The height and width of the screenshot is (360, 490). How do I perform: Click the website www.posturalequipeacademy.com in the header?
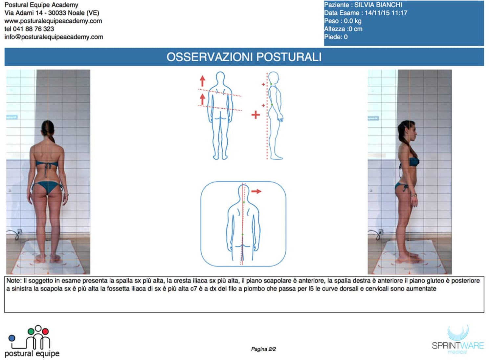pyautogui.click(x=53, y=21)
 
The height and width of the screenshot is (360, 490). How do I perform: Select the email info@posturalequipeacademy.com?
pyautogui.click(x=54, y=37)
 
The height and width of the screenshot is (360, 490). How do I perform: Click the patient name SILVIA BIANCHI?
pyautogui.click(x=378, y=5)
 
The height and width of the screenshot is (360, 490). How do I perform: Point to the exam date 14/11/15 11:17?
pyautogui.click(x=386, y=13)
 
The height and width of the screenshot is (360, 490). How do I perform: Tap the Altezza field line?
pyautogui.click(x=343, y=29)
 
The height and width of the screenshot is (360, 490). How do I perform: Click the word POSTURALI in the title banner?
pyautogui.click(x=289, y=57)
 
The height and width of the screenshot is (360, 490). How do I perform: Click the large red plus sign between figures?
pyautogui.click(x=256, y=115)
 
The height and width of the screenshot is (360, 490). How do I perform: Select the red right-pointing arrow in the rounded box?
pyautogui.click(x=256, y=191)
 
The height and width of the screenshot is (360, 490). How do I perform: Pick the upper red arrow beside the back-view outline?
pyautogui.click(x=203, y=81)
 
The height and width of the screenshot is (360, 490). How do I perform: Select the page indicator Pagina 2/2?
pyautogui.click(x=263, y=349)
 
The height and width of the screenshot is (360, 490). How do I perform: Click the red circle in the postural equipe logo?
pyautogui.click(x=45, y=331)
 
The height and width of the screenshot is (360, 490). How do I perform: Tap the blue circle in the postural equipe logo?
pyautogui.click(x=12, y=338)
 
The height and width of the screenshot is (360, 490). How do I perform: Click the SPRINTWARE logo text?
pyautogui.click(x=458, y=346)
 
